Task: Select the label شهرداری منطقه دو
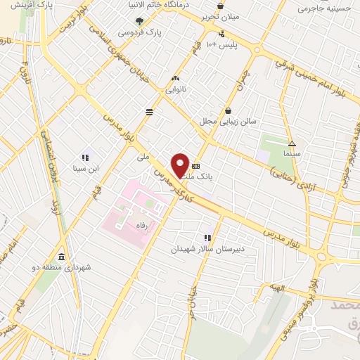[x=67, y=268]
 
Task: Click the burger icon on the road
[x=150, y=111]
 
